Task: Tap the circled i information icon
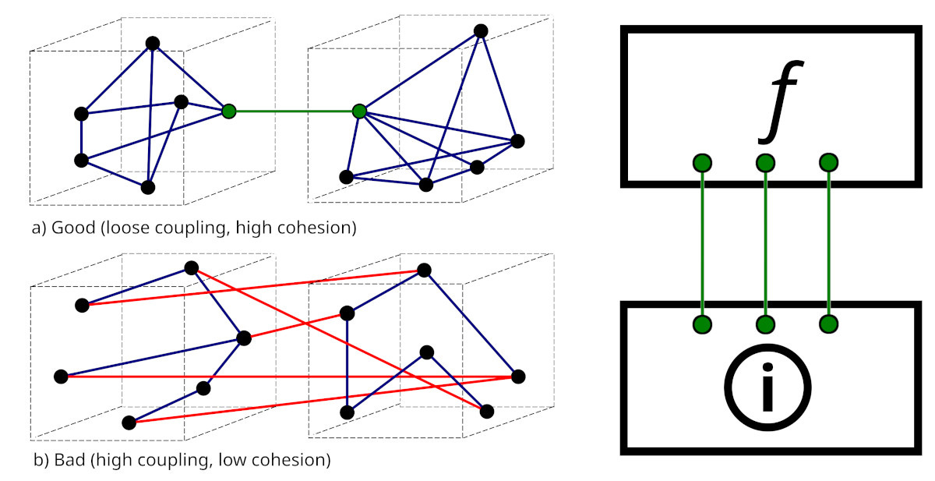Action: click(x=767, y=387)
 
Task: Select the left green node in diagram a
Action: click(x=228, y=111)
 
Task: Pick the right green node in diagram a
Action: click(x=359, y=111)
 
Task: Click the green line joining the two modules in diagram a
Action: click(x=294, y=111)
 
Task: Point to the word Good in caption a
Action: click(x=70, y=229)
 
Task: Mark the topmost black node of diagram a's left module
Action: click(x=153, y=43)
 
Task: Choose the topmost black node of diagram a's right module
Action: click(x=481, y=31)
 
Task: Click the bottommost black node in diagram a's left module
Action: click(x=148, y=187)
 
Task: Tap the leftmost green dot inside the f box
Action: click(x=702, y=163)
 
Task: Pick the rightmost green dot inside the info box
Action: click(x=829, y=324)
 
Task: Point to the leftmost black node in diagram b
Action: click(x=61, y=377)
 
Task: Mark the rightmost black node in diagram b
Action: click(x=518, y=377)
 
